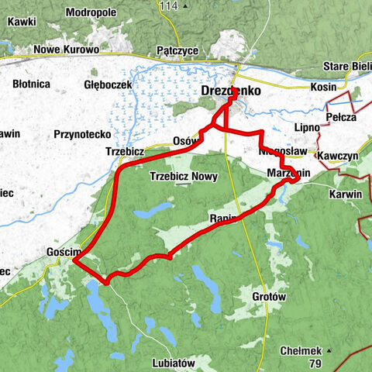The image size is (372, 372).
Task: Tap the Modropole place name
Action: click(91, 13)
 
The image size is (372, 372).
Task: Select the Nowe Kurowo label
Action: click(67, 50)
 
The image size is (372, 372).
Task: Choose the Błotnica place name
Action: click(31, 83)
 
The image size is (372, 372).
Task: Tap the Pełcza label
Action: click(341, 117)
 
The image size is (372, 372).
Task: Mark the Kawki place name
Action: click(22, 22)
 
